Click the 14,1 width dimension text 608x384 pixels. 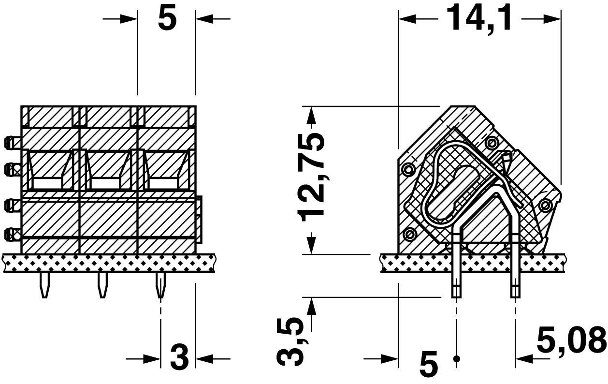478,18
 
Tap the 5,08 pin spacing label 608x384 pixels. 571,340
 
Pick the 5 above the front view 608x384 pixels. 167,19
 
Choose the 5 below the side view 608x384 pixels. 428,364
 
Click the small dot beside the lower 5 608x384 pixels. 456,359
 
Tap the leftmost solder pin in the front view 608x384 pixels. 44,285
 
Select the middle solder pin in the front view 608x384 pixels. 102,285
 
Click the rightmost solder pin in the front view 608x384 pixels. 160,285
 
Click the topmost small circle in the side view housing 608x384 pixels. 492,143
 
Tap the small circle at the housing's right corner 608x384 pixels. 546,206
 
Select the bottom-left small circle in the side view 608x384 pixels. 410,235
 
